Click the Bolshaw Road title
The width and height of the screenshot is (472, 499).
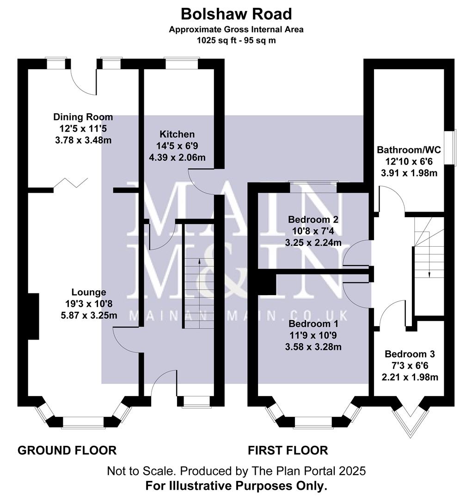click(236, 14)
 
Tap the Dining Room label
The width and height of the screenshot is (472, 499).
click(83, 117)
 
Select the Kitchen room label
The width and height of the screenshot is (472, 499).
click(177, 134)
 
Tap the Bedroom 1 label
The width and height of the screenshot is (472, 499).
click(314, 323)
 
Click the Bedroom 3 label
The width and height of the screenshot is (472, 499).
click(410, 354)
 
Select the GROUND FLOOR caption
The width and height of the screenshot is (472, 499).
click(67, 450)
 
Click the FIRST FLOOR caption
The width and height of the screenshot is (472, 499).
click(288, 450)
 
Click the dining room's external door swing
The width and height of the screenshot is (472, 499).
click(83, 83)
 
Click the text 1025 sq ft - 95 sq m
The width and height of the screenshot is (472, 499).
click(236, 40)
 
